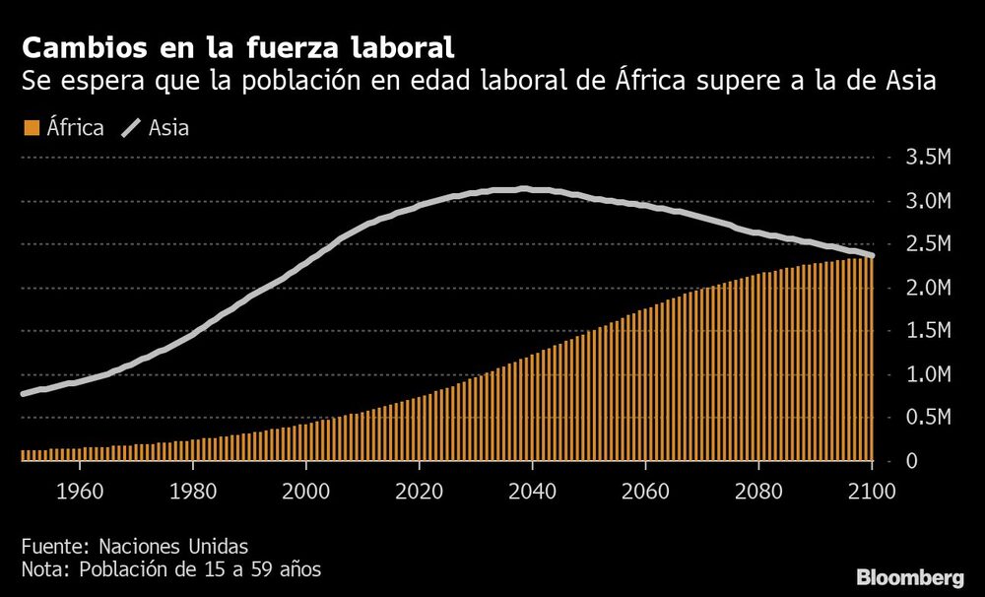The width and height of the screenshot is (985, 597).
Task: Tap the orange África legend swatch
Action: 30,128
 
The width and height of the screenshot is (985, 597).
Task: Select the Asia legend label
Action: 168,128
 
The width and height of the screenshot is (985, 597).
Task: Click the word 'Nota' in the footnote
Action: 41,569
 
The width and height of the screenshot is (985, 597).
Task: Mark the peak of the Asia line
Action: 525,189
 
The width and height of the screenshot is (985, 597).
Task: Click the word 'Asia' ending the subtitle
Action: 905,81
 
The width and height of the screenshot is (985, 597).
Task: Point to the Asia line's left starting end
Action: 23,393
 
